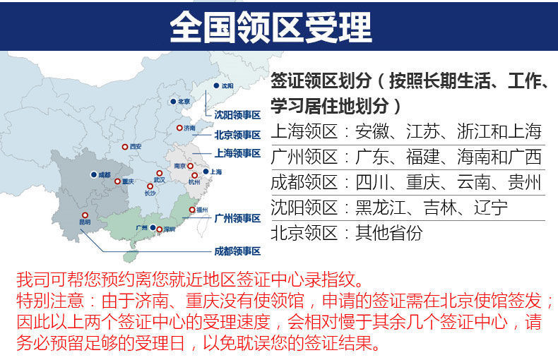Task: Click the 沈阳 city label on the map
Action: coord(227,86)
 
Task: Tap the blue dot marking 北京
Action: coord(172,102)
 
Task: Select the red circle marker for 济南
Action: coord(179,128)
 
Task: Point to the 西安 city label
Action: coord(136,147)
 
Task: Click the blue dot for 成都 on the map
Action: coord(93,174)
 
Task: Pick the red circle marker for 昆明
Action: coord(85,215)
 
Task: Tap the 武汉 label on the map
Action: coord(159,180)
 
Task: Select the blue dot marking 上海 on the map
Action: coord(206,172)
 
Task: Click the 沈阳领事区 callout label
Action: coord(238,114)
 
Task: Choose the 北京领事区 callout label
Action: coord(238,134)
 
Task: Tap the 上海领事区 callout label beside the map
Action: coord(238,152)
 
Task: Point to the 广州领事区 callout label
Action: coord(238,219)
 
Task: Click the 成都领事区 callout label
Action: coord(238,251)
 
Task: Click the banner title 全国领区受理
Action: coord(271,28)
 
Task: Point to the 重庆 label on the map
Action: coord(127,181)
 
